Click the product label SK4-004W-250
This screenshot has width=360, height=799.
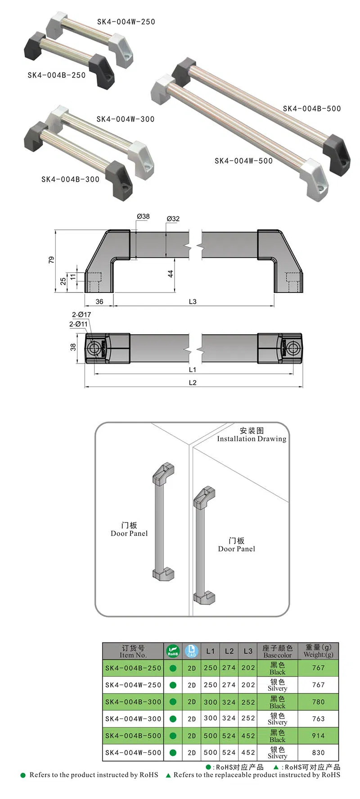[x=126, y=22]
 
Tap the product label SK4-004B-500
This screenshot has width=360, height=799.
[x=312, y=108]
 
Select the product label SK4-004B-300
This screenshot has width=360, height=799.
[x=70, y=179]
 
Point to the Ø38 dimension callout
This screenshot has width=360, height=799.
[x=143, y=216]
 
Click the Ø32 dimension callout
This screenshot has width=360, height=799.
[x=173, y=219]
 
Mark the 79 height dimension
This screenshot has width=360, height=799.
[x=51, y=260]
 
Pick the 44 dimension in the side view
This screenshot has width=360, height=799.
[x=171, y=274]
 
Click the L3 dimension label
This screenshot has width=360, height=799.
[x=193, y=301]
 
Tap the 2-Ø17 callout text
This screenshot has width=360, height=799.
[x=81, y=314]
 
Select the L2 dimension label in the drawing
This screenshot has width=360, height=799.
[x=193, y=382]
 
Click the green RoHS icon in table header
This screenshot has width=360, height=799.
[x=173, y=651]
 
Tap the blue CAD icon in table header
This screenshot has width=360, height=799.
[x=192, y=651]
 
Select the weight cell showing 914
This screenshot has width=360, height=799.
[x=318, y=736]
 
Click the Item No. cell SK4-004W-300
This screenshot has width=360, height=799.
[x=133, y=718]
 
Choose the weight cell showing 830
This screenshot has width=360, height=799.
[x=318, y=752]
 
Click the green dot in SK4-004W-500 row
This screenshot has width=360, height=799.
[x=173, y=752]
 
